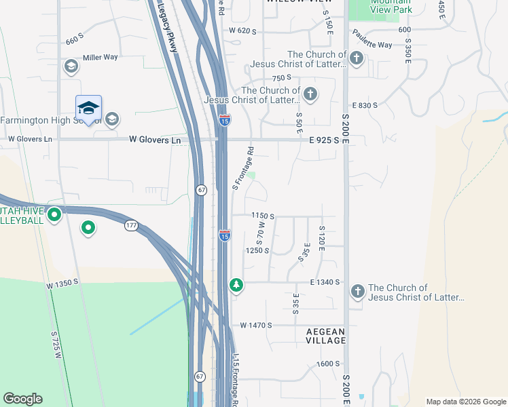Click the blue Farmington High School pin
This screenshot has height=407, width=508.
point(88,109)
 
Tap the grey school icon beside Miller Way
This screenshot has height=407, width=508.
point(70,66)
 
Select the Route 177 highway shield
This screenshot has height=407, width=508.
point(131,225)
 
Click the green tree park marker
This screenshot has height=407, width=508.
point(236,285)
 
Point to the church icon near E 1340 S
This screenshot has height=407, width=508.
point(358,292)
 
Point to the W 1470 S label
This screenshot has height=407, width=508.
point(256,325)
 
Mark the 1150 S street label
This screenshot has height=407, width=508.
point(263,216)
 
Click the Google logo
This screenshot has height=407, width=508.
point(22,399)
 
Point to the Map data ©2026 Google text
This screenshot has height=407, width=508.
point(466,402)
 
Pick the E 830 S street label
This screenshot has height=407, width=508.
point(365,105)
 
